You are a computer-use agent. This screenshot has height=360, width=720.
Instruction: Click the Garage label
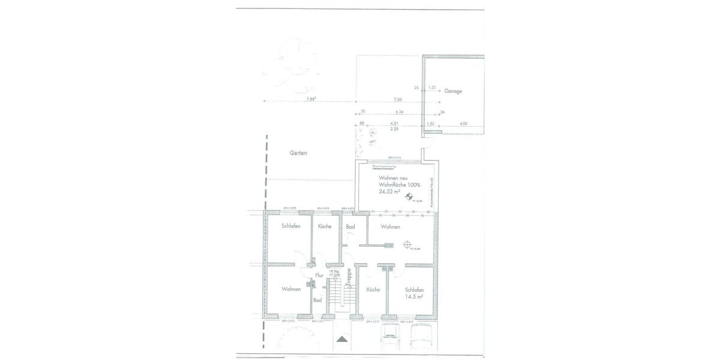click(453, 91)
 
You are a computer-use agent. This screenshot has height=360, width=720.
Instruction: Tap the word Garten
click(298, 153)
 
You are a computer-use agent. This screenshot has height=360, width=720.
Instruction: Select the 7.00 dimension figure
click(398, 99)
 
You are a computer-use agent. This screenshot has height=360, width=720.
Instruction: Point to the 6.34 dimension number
click(400, 112)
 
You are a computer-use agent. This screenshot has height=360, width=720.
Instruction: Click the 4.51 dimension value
click(394, 124)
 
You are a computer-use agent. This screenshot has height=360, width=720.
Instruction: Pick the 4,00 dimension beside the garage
click(463, 124)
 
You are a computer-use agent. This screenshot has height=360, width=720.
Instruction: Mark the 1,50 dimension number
click(430, 124)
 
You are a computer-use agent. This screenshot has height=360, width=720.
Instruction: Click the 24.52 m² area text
click(389, 192)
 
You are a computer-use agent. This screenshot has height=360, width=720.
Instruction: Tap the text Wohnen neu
click(393, 178)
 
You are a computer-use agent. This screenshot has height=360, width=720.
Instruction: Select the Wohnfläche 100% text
click(400, 185)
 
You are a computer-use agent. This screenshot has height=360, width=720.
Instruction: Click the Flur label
click(319, 275)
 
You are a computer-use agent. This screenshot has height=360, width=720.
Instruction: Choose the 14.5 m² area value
click(414, 296)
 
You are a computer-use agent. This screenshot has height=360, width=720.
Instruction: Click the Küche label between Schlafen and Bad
click(325, 226)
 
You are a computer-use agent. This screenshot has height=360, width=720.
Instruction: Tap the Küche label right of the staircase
click(373, 290)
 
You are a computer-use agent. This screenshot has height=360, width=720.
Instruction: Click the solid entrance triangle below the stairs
click(341, 339)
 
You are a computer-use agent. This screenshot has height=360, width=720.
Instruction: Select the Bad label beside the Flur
click(317, 299)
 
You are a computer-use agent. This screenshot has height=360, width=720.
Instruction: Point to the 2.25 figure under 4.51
click(394, 129)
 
